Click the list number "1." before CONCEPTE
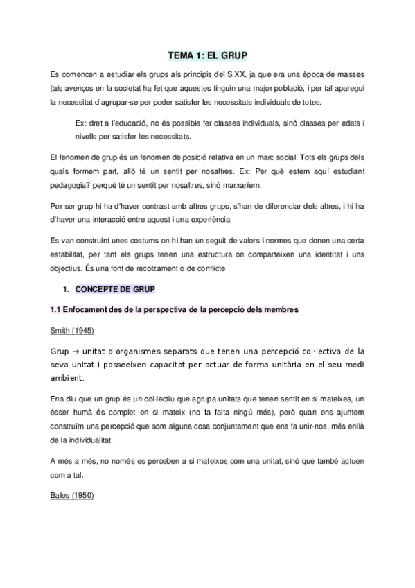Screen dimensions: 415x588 tap(67, 288)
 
